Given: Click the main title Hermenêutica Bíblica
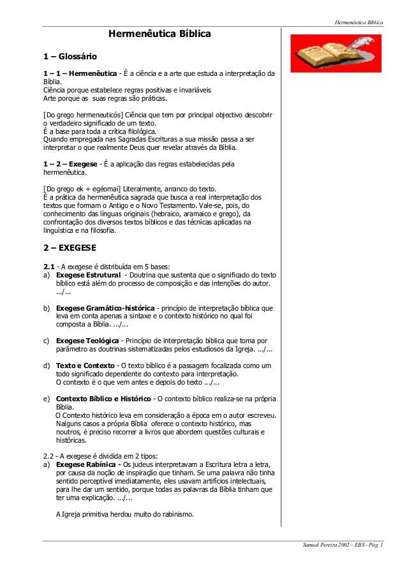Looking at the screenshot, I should tap(159, 33).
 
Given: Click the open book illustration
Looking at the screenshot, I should tap(334, 53).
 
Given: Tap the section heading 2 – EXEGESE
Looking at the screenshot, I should tap(69, 249).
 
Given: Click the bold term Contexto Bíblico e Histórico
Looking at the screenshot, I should tap(103, 399).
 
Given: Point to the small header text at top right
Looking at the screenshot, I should tap(359, 22).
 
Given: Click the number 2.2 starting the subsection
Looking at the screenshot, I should tap(48, 456).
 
